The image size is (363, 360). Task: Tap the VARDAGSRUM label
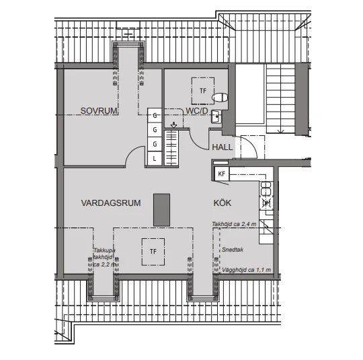coord(111,203)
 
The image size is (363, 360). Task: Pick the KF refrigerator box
coord(221,174)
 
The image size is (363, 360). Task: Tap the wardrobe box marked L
coord(154,159)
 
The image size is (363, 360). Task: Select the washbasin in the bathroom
coord(216,117)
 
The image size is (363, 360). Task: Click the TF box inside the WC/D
coord(201,90)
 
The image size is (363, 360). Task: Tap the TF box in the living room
coord(153,251)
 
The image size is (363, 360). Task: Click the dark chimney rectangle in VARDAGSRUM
coord(161,209)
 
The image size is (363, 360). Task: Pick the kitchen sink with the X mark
coord(265,202)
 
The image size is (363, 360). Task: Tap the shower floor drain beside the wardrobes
coord(174,125)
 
